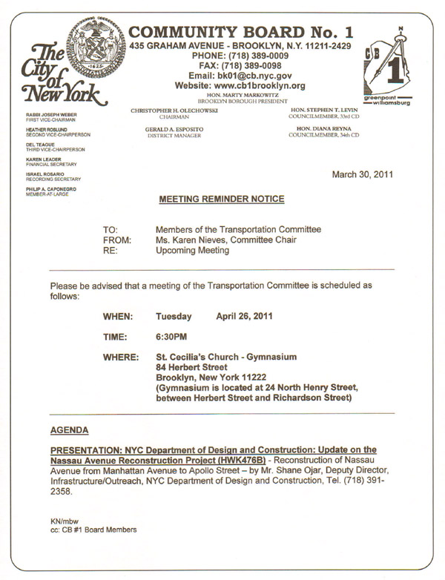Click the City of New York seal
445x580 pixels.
pyautogui.click(x=94, y=44)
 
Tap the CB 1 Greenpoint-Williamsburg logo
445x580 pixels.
pyautogui.click(x=386, y=69)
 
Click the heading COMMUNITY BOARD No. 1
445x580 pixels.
pyautogui.click(x=240, y=32)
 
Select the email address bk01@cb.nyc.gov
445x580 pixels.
pyautogui.click(x=239, y=76)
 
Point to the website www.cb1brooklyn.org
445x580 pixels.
pyautogui.click(x=239, y=86)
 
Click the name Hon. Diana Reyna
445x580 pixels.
pyautogui.click(x=324, y=128)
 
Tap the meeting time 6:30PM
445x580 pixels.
pyautogui.click(x=171, y=337)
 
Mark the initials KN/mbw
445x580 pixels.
pyautogui.click(x=64, y=521)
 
